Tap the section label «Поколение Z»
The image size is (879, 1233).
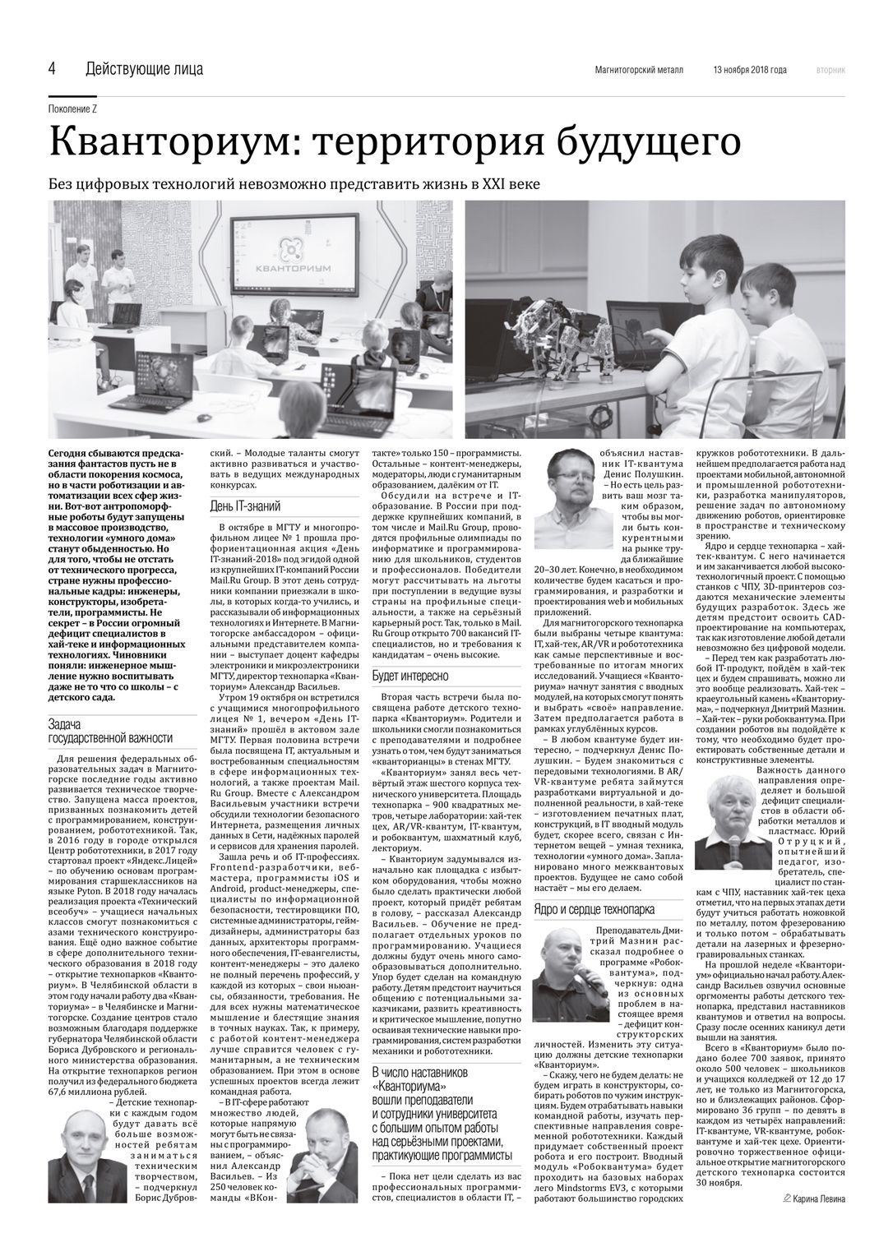coord(73,110)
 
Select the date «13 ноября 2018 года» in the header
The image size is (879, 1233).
coord(749,70)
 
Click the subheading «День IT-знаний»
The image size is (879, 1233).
coord(244,506)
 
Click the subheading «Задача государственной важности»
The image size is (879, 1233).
coord(110,730)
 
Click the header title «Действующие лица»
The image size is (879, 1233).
coord(144,69)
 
